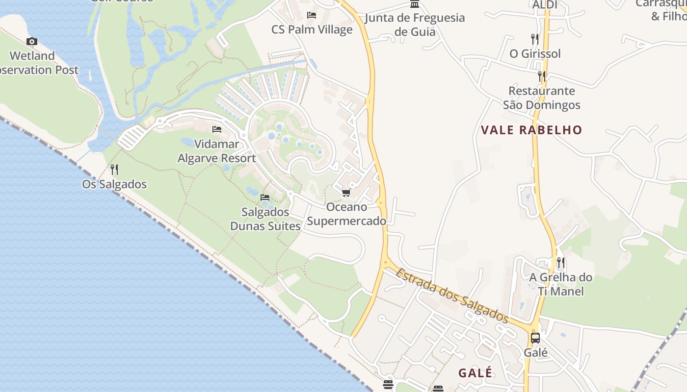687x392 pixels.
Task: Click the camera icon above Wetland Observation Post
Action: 32,42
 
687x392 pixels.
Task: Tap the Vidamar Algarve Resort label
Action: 216,151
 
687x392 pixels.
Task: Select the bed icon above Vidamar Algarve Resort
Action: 217,129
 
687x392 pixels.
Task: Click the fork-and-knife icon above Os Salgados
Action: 114,170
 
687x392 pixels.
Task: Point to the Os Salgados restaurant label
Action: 114,184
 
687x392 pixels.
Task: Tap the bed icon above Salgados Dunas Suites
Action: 265,197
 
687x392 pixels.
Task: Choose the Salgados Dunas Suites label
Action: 265,219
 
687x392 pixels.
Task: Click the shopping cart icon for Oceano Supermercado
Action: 346,193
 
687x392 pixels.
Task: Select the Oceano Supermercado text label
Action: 346,214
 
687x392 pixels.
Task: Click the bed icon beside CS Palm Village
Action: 312,15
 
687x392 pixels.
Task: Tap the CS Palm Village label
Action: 312,29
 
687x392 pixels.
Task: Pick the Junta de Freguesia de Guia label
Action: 415,24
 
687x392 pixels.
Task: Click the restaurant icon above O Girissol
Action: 535,39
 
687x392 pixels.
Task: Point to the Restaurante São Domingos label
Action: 542,98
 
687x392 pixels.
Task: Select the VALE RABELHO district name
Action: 531,130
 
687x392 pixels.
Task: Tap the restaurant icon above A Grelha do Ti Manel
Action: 560,263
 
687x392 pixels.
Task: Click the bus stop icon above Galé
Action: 535,338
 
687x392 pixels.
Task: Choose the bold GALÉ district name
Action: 475,373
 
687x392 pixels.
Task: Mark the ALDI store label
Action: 545,5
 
